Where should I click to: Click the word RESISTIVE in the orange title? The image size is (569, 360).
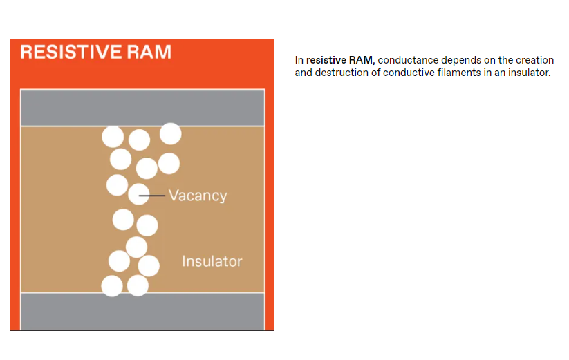(x=71, y=52)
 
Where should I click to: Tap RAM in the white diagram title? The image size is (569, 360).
(x=149, y=52)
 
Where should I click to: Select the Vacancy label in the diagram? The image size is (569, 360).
(x=198, y=196)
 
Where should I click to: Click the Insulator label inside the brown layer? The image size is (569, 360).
(x=212, y=261)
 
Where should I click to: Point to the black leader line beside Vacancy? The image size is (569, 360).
(x=152, y=196)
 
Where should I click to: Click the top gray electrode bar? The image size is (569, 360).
(x=142, y=108)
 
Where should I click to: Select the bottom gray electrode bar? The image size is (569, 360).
(x=142, y=311)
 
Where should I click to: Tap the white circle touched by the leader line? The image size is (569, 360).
(x=139, y=194)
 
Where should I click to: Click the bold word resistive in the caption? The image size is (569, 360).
(x=326, y=60)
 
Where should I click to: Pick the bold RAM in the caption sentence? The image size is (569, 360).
(x=360, y=60)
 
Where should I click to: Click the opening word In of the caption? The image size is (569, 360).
(x=299, y=60)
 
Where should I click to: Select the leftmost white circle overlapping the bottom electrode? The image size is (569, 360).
(x=112, y=285)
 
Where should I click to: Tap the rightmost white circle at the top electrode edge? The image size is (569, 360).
(x=171, y=134)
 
